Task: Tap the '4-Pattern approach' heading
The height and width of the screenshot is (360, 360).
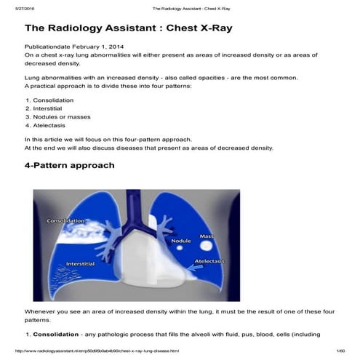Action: click(69, 165)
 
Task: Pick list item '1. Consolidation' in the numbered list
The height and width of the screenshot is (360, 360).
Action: click(48, 99)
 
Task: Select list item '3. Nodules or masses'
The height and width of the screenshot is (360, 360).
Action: click(55, 116)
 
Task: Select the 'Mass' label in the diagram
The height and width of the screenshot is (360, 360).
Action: click(206, 236)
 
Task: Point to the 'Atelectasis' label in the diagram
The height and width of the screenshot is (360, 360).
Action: click(209, 260)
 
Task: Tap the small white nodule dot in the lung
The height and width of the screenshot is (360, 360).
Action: click(179, 249)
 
